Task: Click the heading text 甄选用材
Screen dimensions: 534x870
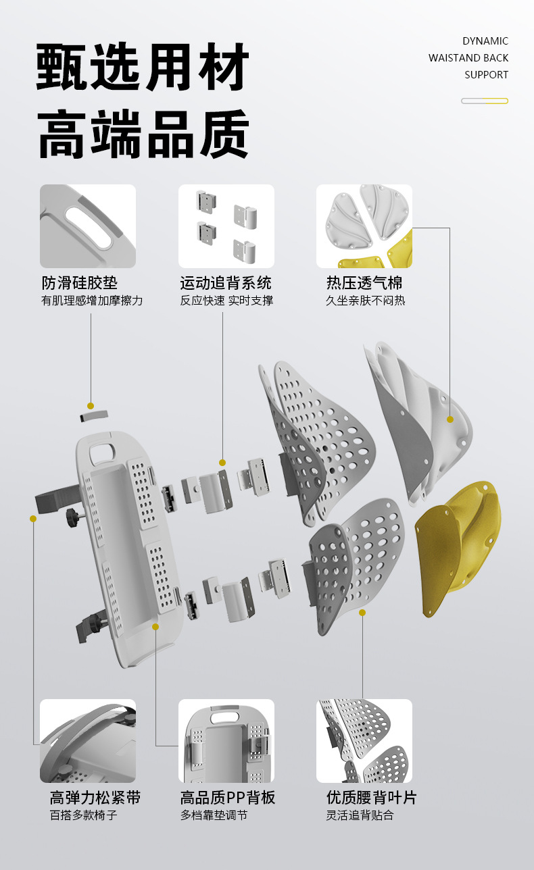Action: [x=143, y=68]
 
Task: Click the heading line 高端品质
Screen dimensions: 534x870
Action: [x=143, y=134]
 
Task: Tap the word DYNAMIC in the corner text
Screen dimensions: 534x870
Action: [x=485, y=41]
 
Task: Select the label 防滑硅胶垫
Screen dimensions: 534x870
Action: [x=80, y=282]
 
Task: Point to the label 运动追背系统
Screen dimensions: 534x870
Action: [x=226, y=282]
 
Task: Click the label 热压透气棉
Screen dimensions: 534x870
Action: [x=364, y=282]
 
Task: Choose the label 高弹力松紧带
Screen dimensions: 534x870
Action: [x=95, y=797]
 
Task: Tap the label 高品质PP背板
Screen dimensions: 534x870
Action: [x=227, y=797]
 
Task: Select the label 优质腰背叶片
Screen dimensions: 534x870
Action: [x=371, y=797]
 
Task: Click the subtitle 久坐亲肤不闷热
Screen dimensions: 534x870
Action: [x=365, y=301]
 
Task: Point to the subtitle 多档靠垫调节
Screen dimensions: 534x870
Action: [x=214, y=815]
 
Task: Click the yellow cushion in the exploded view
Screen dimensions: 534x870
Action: [x=460, y=547]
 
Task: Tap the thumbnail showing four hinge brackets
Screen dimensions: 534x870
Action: [x=226, y=226]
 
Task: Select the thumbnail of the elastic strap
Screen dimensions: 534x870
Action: [x=88, y=741]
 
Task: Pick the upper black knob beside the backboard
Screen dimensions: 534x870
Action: [x=70, y=518]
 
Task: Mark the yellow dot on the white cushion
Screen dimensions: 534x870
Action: [x=450, y=419]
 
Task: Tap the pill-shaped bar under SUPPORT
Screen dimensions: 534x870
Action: [x=484, y=101]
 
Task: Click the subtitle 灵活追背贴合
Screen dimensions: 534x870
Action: [x=360, y=815]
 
